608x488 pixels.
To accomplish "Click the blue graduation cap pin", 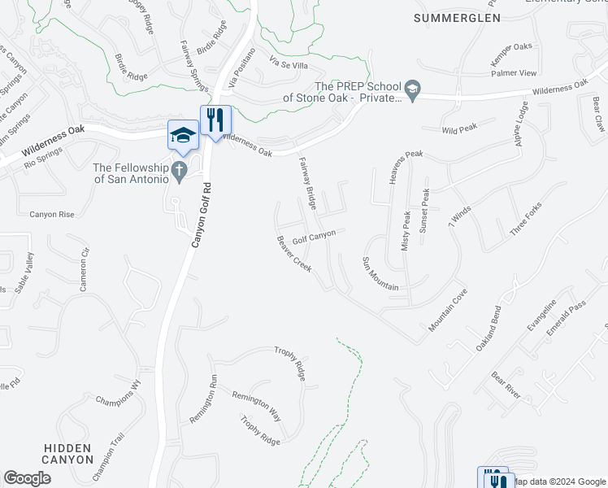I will (x=184, y=134).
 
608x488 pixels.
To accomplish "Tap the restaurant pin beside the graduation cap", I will (x=215, y=120).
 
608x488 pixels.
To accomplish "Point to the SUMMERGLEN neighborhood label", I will (x=454, y=17).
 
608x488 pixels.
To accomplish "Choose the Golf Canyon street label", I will (x=314, y=237).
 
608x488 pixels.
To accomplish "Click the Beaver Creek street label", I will (x=293, y=254).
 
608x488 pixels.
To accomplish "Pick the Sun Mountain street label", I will (x=380, y=273).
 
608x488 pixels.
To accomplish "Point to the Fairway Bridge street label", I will (x=307, y=181).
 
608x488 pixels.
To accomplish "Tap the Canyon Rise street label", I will (x=52, y=214).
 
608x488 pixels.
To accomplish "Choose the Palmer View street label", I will (x=513, y=73).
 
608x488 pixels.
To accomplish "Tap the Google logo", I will (x=27, y=478).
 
